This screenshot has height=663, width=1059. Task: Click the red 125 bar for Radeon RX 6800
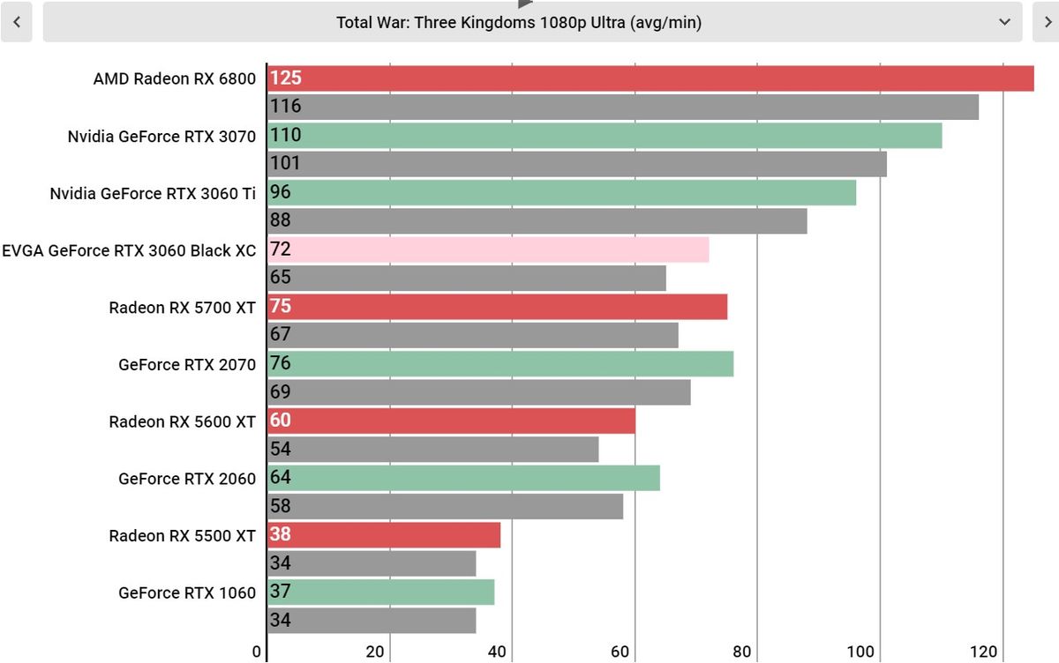650,78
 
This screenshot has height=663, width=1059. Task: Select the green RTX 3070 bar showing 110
605,135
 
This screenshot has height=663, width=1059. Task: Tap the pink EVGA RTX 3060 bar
488,250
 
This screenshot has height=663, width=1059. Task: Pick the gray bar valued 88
537,220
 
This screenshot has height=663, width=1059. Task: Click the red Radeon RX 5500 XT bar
384,535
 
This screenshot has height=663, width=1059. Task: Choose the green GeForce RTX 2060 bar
463,478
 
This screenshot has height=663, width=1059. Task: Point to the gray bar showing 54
432,450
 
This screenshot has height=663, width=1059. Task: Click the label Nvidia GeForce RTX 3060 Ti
153,194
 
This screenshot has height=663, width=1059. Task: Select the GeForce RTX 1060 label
187,593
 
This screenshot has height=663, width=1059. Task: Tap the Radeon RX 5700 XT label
183,308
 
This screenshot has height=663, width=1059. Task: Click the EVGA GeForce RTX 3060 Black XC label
129,250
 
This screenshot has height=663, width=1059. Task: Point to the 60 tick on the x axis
620,652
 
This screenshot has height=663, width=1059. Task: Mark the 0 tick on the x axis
257,652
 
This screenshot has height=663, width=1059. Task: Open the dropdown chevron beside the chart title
1004,22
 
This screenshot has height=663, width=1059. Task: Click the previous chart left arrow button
17,22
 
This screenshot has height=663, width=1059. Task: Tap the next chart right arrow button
1045,22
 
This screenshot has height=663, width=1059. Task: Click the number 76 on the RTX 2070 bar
281,363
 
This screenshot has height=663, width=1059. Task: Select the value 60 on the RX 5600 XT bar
281,421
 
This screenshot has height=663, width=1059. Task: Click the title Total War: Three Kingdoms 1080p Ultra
519,23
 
